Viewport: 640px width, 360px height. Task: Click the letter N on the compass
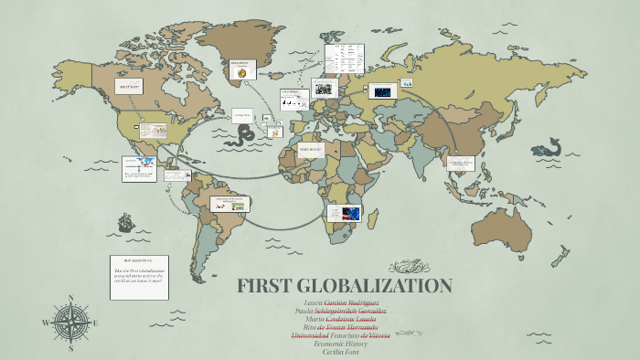click(71, 297)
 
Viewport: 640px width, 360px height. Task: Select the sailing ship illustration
click(126, 222)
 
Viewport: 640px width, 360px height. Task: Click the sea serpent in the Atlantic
click(245, 136)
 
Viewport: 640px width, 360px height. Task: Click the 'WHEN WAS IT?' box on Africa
click(311, 148)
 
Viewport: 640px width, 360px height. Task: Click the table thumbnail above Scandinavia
click(347, 60)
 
